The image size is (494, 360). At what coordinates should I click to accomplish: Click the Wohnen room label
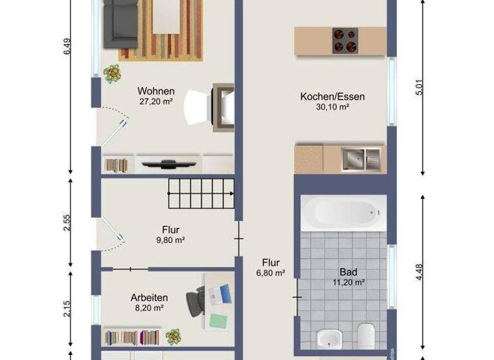pyautogui.click(x=156, y=91)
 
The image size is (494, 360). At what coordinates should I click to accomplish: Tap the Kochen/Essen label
pyautogui.click(x=332, y=97)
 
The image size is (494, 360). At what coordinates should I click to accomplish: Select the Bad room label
pyautogui.click(x=348, y=272)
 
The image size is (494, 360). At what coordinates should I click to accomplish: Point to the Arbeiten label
pyautogui.click(x=149, y=298)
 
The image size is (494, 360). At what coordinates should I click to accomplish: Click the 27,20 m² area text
pyautogui.click(x=156, y=102)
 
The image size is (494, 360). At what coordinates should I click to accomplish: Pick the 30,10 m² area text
pyautogui.click(x=333, y=107)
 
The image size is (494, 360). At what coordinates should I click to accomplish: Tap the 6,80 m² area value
pyautogui.click(x=270, y=273)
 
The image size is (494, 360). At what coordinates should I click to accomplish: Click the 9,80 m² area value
pyautogui.click(x=170, y=240)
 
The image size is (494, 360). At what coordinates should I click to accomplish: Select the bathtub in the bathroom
pyautogui.click(x=344, y=213)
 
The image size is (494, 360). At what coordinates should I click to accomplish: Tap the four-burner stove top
pyautogui.click(x=345, y=40)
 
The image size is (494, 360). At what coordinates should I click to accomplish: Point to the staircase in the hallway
pyautogui.click(x=201, y=193)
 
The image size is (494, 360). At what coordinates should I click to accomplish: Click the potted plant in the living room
pyautogui.click(x=113, y=73)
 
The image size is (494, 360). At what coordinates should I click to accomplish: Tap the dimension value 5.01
pyautogui.click(x=421, y=87)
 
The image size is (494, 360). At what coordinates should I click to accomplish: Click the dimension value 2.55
pyautogui.click(x=68, y=222)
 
